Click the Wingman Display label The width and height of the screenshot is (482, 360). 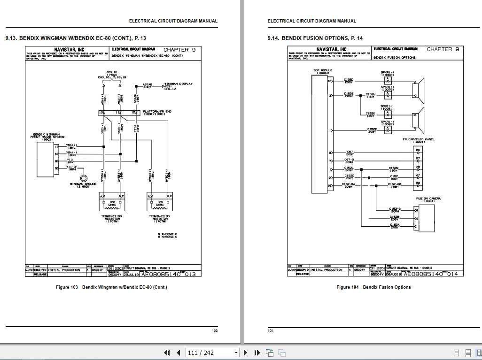click(178, 84)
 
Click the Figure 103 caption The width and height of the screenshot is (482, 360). click(111, 287)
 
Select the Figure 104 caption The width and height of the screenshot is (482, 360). click(373, 287)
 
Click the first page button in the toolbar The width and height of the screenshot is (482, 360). click(167, 353)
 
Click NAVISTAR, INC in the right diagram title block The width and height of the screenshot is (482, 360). click(331, 49)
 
